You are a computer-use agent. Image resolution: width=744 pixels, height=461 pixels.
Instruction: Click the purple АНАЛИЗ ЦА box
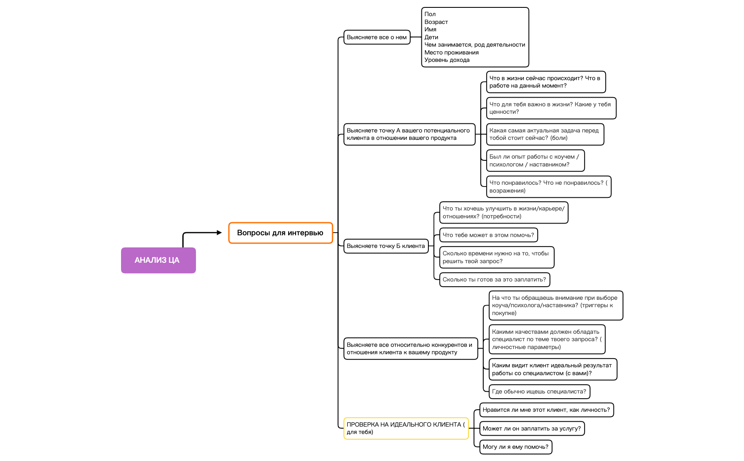pyautogui.click(x=158, y=260)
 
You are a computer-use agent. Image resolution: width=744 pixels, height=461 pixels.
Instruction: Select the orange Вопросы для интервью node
pyautogui.click(x=280, y=233)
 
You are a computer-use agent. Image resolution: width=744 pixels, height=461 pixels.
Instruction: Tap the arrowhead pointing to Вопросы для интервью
pyautogui.click(x=219, y=233)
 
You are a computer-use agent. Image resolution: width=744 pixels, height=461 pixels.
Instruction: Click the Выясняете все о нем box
pyautogui.click(x=377, y=37)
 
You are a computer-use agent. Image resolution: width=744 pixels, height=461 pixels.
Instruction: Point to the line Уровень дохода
pyautogui.click(x=447, y=60)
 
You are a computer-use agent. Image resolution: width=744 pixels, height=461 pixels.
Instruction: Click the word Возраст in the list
pyautogui.click(x=436, y=22)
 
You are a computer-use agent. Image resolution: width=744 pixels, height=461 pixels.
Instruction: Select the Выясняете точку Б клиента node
pyautogui.click(x=386, y=246)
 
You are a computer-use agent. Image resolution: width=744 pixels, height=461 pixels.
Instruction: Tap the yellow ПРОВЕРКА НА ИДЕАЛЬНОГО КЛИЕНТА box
pyautogui.click(x=406, y=428)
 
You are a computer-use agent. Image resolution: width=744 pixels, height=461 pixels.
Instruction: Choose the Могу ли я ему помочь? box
pyautogui.click(x=515, y=447)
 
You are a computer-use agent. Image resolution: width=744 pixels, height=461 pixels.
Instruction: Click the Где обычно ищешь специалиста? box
pyautogui.click(x=539, y=392)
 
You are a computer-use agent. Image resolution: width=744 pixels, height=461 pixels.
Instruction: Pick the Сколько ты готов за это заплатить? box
pyautogui.click(x=494, y=280)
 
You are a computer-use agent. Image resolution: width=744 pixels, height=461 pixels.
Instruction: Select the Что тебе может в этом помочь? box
pyautogui.click(x=488, y=235)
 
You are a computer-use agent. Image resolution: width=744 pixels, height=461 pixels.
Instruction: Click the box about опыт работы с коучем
pyautogui.click(x=535, y=161)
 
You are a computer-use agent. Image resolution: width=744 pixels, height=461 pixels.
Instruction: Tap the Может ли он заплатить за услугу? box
pyautogui.click(x=532, y=429)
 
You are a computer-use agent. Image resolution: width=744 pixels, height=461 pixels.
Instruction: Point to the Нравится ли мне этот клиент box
pyautogui.click(x=546, y=410)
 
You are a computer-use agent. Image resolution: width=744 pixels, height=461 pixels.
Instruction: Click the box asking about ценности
pyautogui.click(x=551, y=108)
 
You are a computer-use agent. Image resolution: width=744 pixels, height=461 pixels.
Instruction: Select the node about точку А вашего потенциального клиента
pyautogui.click(x=409, y=134)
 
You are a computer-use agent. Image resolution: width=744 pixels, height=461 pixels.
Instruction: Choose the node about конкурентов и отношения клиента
pyautogui.click(x=410, y=349)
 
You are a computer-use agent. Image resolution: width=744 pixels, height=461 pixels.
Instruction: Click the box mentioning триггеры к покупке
pyautogui.click(x=555, y=305)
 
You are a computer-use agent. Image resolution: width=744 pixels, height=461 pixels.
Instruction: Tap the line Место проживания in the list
pyautogui.click(x=451, y=53)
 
